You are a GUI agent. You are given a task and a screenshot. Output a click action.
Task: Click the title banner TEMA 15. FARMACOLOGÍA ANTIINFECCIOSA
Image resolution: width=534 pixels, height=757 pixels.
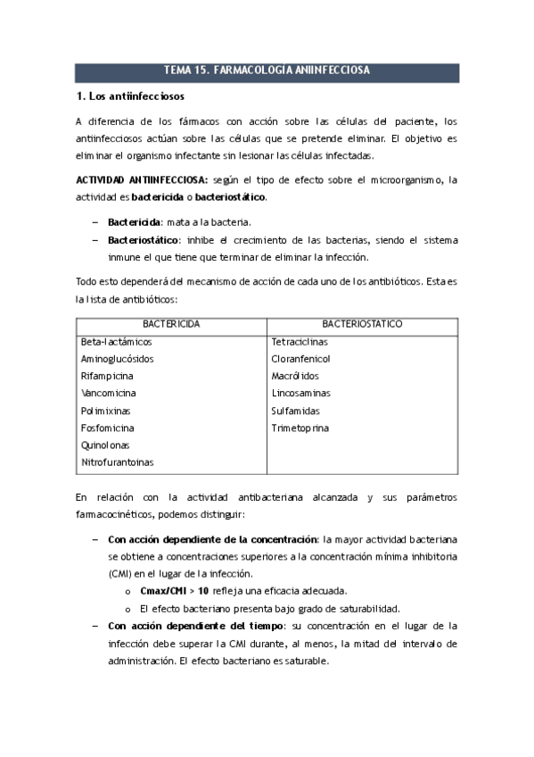pyautogui.click(x=267, y=71)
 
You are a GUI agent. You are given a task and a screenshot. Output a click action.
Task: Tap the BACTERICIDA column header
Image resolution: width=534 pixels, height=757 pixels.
pyautogui.click(x=171, y=323)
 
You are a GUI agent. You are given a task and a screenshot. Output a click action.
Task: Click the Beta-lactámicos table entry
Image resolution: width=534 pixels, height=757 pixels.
pyautogui.click(x=117, y=341)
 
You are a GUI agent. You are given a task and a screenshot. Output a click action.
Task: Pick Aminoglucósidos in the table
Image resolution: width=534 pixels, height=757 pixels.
pyautogui.click(x=117, y=359)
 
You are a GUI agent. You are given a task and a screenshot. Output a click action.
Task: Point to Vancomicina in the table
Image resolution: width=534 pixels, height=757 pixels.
pyautogui.click(x=109, y=393)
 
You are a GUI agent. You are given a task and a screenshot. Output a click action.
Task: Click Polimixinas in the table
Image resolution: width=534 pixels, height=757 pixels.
pyautogui.click(x=105, y=411)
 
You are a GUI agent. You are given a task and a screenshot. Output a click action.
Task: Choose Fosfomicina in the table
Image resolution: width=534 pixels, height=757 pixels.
pyautogui.click(x=106, y=428)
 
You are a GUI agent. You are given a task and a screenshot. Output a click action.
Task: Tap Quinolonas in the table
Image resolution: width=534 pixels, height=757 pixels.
pyautogui.click(x=104, y=445)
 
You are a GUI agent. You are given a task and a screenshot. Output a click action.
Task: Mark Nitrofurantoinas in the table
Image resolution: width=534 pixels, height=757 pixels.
pyautogui.click(x=117, y=462)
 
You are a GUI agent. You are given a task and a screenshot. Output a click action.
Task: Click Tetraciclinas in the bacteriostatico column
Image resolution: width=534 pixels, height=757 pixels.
pyautogui.click(x=300, y=341)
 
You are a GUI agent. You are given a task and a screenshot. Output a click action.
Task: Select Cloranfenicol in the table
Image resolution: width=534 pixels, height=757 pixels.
pyautogui.click(x=300, y=359)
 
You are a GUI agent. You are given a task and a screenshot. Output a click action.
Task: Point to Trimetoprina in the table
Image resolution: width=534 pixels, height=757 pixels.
pyautogui.click(x=300, y=428)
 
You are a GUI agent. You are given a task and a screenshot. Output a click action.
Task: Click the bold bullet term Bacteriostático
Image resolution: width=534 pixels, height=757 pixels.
pyautogui.click(x=143, y=239)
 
